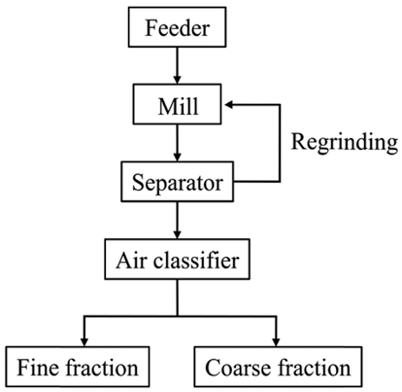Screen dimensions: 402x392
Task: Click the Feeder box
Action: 177,27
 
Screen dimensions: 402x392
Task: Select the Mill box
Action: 177,104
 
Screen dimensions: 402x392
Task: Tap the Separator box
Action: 177,182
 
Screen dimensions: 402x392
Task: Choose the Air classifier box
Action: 177,259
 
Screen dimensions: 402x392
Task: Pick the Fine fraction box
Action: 78,367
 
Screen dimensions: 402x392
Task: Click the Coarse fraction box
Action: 278,367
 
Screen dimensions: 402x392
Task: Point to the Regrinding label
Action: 345,142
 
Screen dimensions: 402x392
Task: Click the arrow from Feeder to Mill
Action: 177,65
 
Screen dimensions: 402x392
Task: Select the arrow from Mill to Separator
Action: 177,143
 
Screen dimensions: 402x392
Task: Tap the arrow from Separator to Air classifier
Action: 177,220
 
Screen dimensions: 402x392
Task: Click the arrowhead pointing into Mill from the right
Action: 229,104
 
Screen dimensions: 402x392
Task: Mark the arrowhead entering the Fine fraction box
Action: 84,342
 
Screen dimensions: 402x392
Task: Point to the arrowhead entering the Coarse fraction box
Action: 276,342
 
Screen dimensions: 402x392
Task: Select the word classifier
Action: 196,260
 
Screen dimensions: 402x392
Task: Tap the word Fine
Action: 38,368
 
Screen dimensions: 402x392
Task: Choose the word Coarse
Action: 238,368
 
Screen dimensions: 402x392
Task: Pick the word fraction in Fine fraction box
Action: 102,367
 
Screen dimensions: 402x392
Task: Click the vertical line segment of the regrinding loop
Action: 280,143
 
